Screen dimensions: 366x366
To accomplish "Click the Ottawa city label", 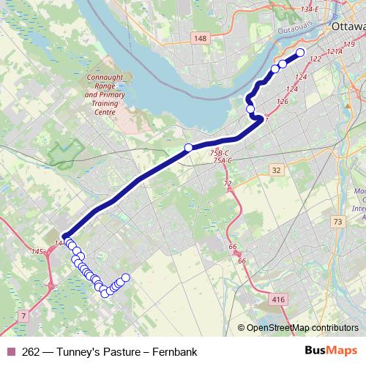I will (x=348, y=26).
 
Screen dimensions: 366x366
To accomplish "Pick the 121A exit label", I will (x=335, y=53).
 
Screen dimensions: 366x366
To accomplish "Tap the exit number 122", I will (x=315, y=59).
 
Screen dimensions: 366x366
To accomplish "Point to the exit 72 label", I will (x=228, y=183).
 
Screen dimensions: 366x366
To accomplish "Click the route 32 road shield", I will (x=275, y=170).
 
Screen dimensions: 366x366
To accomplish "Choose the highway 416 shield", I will (x=277, y=299).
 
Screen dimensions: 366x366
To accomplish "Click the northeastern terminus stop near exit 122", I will (x=299, y=52).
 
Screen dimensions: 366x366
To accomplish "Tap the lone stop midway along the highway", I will (x=188, y=148).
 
